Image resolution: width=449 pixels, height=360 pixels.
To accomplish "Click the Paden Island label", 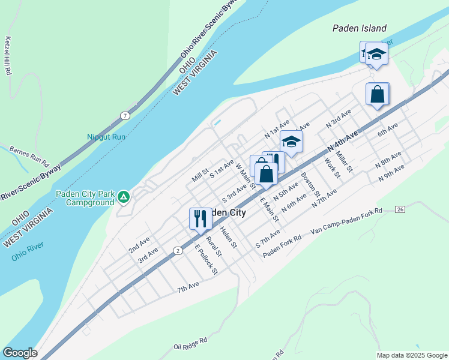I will click(360, 28).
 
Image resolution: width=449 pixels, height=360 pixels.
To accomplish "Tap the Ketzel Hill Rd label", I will click(8, 56).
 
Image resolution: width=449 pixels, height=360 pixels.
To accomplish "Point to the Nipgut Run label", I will click(106, 137).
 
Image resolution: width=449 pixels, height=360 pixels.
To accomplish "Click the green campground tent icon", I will click(123, 196).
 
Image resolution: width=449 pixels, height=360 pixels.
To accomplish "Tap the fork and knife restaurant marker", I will click(200, 218).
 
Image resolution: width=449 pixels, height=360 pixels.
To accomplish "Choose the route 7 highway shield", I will click(124, 115).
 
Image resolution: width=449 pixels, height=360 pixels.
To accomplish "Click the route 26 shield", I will click(400, 209).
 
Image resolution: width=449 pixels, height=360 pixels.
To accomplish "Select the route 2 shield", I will click(178, 251).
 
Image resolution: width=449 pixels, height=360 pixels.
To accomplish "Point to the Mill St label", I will click(199, 176).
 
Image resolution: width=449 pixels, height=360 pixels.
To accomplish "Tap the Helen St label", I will click(229, 237).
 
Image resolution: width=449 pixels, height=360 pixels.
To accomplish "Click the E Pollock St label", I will click(205, 260).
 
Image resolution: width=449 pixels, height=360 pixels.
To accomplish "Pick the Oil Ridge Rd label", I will click(190, 343).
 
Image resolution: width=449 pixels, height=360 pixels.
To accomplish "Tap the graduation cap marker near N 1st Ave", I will click(291, 142).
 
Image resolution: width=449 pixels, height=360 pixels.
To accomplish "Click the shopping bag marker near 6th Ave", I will click(378, 94).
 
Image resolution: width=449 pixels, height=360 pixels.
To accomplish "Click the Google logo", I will click(20, 353).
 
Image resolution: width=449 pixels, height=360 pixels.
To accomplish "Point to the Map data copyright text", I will click(412, 355).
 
